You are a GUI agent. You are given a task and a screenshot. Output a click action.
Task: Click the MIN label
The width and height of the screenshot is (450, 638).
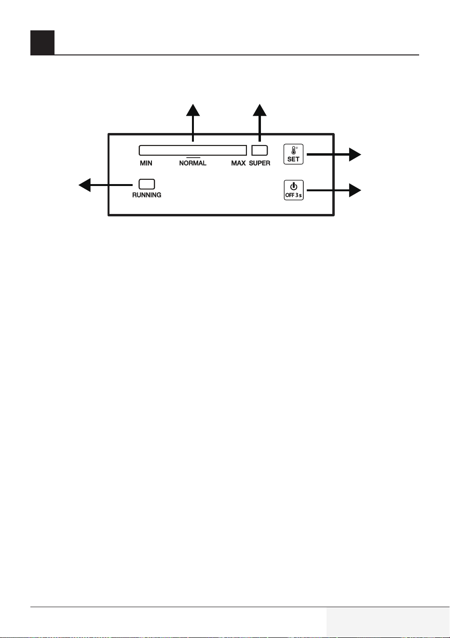point(146,163)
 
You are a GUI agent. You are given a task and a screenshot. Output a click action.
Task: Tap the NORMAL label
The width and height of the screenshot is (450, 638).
point(192,163)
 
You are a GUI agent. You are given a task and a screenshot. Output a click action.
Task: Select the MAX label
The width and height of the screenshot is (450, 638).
point(238,163)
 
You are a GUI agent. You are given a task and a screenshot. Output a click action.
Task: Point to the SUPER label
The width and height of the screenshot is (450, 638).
point(259,163)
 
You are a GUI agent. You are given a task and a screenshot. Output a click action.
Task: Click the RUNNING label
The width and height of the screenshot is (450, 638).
point(147,195)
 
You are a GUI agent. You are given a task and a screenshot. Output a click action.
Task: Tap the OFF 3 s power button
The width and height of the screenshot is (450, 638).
point(293,190)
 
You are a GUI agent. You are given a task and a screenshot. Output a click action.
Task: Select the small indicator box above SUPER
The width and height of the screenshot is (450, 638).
point(259,150)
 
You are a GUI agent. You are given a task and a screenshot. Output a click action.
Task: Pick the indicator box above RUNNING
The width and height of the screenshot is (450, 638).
point(147,184)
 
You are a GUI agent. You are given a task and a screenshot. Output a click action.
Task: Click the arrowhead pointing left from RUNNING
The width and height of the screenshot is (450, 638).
point(85,185)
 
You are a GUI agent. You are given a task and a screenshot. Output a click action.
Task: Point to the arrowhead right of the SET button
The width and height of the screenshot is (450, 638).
point(355,154)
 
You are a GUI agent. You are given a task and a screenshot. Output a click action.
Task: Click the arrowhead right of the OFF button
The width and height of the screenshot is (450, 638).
point(355,190)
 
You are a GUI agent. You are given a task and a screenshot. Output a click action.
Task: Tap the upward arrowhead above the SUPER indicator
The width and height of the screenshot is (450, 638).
point(259,110)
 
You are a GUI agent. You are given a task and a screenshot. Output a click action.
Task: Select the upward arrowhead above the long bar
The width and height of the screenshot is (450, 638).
point(193,110)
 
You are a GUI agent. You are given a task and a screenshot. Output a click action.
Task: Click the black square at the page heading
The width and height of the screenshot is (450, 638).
point(42,43)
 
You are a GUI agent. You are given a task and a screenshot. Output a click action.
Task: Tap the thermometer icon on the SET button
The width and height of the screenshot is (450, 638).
point(294,150)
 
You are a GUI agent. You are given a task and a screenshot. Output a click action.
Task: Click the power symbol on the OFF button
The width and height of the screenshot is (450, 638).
point(293,186)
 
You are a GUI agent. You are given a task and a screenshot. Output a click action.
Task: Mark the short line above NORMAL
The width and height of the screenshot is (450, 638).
point(193,158)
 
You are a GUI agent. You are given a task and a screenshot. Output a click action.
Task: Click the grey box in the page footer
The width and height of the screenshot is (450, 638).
point(388,622)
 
